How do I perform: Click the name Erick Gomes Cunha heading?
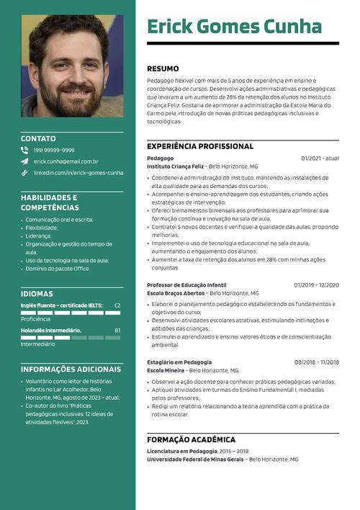pos(234,27)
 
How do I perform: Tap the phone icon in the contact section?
pos(24,151)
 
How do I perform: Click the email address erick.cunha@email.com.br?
pos(66,161)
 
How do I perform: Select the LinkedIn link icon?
pos(24,173)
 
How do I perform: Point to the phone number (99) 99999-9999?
pos(54,151)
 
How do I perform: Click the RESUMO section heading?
pos(163,68)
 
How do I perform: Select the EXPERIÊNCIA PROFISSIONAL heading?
pos(200,146)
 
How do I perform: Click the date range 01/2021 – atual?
pos(320,158)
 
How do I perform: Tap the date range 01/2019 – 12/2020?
pos(316,285)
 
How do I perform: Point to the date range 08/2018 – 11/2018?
pos(316,362)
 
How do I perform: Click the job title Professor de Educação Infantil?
pos(186,285)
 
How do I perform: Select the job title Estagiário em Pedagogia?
pos(179,362)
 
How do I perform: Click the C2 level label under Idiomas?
pos(117,305)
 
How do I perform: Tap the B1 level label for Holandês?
pos(117,331)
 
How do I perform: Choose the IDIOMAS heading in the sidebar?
pos(37,294)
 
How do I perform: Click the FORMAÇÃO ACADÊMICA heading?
pos(191,439)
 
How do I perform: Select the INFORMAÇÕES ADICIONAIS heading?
pos(71,369)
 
